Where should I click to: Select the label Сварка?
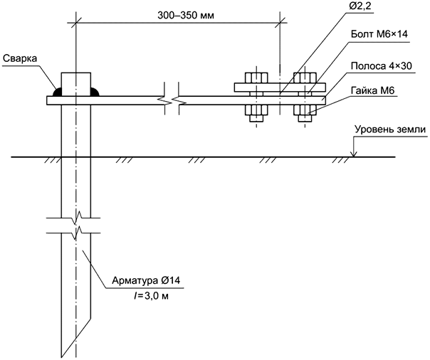[x=21, y=58]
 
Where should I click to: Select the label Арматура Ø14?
[x=147, y=280]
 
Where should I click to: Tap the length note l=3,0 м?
[x=145, y=295]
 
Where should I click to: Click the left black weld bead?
[x=56, y=92]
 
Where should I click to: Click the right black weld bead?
[x=96, y=92]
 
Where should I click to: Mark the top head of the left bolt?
[x=255, y=78]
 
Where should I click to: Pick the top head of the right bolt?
[x=305, y=78]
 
